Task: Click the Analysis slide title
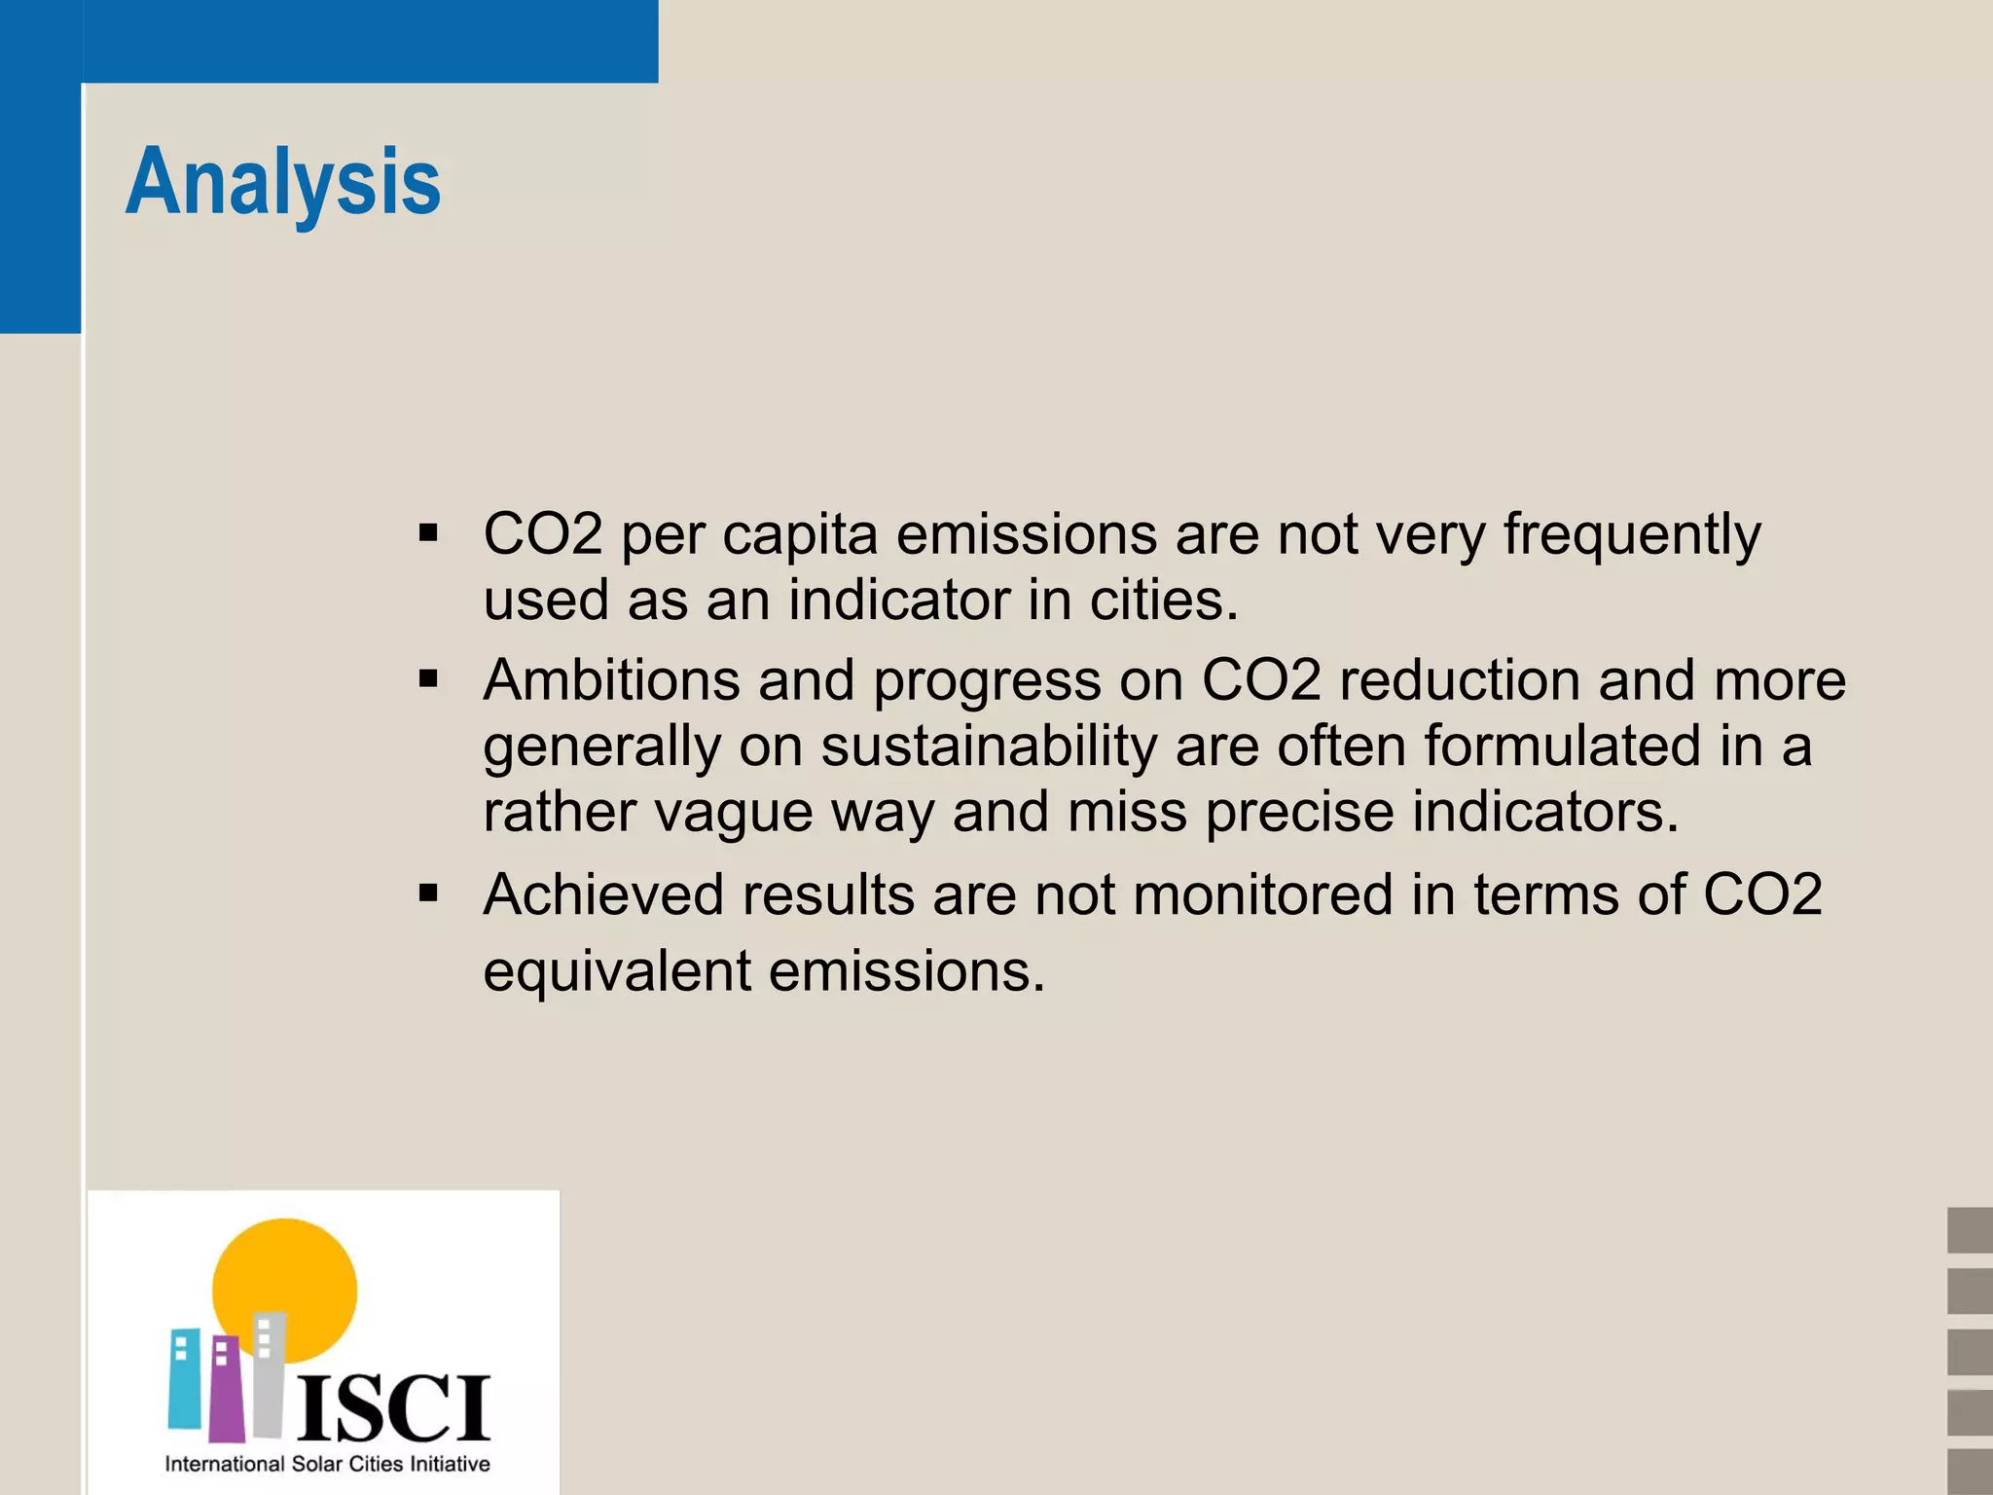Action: (283, 182)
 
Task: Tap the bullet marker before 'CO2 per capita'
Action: (428, 533)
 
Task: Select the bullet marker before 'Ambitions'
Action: (428, 678)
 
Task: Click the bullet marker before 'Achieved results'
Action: (428, 893)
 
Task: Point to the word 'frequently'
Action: (1632, 535)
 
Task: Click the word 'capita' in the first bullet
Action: (800, 535)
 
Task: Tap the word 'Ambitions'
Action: (611, 679)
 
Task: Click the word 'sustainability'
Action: (989, 747)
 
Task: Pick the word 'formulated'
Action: (1561, 746)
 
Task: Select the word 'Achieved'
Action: (603, 893)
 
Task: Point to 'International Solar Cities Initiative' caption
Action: (327, 1464)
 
